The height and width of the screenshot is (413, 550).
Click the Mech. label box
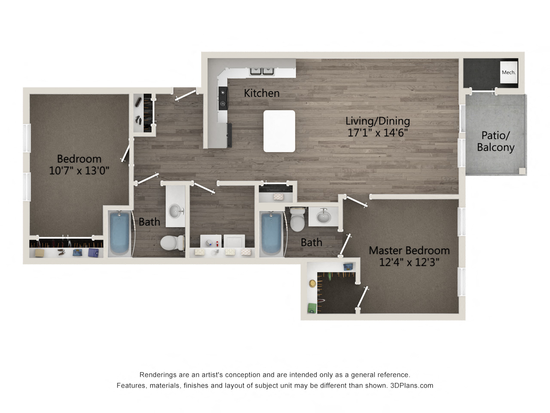tap(509, 72)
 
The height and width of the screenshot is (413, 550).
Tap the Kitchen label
tap(262, 93)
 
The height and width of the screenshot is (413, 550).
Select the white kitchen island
tap(279, 131)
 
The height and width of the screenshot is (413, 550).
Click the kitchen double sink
tap(262, 70)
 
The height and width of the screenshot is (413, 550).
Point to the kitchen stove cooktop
tap(223, 98)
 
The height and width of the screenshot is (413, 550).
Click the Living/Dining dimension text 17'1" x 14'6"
tap(377, 133)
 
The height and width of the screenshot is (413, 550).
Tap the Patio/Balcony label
tap(495, 142)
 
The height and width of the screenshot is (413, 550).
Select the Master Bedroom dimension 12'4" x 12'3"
tap(409, 262)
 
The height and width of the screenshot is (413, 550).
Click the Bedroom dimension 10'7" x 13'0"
tap(79, 171)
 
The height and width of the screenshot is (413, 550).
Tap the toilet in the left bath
tap(171, 243)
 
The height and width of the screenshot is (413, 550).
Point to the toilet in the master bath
tap(297, 220)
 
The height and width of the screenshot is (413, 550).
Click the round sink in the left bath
tap(175, 211)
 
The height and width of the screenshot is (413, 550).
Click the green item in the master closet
tap(312, 308)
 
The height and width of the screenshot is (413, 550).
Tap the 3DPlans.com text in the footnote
tap(412, 385)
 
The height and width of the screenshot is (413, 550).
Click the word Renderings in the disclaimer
tap(157, 375)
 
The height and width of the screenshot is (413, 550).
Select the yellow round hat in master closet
tap(312, 284)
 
